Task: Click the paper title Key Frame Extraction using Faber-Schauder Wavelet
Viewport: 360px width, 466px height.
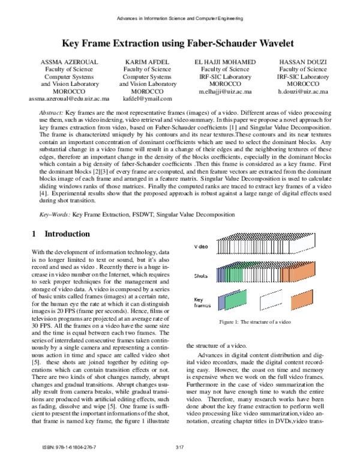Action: click(180, 43)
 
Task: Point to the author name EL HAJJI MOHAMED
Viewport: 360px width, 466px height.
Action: click(225, 62)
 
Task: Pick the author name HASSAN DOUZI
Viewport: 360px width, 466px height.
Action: click(303, 62)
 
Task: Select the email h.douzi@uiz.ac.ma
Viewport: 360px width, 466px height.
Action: click(303, 91)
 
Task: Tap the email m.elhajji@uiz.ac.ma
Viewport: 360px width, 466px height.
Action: click(225, 91)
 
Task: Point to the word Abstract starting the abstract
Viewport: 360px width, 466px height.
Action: click(50, 113)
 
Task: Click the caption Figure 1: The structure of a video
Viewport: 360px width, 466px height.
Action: click(255, 322)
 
